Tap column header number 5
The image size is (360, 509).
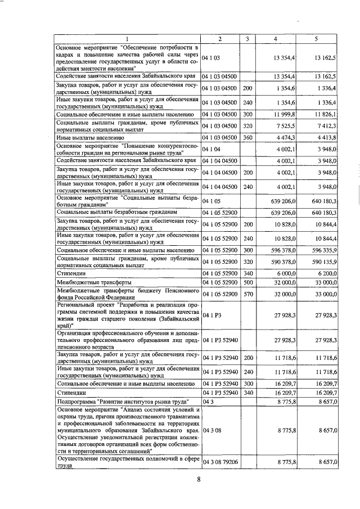coord(317,38)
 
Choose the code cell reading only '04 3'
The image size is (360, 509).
coord(209,403)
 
